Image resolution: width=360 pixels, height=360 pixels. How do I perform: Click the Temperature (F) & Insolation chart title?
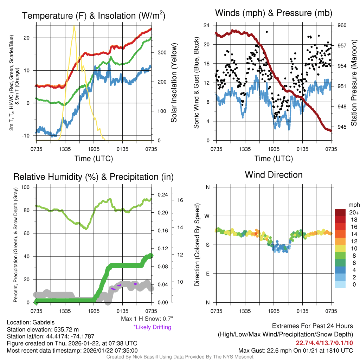click(94, 16)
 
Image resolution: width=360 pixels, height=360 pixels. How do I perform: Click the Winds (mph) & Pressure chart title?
click(274, 13)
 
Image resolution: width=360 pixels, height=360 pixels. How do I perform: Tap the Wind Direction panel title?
click(274, 175)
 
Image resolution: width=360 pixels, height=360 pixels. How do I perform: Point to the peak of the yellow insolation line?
click(74, 26)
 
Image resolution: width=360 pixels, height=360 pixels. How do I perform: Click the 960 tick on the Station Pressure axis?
click(342, 25)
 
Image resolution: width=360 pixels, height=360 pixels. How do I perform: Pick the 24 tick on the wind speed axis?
click(206, 25)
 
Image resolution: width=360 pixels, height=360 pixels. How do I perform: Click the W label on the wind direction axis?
click(207, 216)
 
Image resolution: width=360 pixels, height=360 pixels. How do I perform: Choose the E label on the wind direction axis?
click(208, 274)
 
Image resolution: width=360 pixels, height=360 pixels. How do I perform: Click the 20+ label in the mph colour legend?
click(354, 212)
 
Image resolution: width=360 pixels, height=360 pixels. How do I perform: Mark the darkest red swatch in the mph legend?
click(340, 212)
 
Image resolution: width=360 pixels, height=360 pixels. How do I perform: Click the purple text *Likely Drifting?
click(152, 327)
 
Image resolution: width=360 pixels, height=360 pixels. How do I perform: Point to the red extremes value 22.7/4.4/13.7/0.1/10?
click(324, 343)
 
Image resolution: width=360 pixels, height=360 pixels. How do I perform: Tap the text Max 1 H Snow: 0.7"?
click(147, 319)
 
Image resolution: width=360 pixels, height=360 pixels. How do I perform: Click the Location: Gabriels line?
click(31, 322)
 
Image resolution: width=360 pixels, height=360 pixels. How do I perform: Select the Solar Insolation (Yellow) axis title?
click(174, 83)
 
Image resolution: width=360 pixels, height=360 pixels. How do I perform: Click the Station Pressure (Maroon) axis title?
click(354, 83)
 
